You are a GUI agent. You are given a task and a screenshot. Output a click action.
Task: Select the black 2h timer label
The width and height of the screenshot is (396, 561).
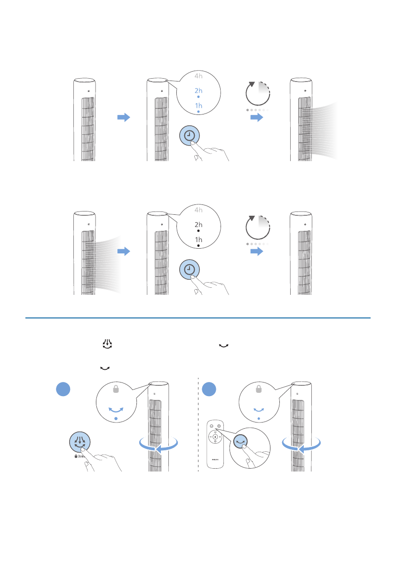(198, 225)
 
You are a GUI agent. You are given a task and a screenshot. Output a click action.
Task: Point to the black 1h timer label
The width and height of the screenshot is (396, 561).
(198, 240)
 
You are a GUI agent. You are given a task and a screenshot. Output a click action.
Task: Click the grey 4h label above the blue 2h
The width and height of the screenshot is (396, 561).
(198, 75)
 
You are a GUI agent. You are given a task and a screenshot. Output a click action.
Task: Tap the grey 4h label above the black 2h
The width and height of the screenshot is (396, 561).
(198, 210)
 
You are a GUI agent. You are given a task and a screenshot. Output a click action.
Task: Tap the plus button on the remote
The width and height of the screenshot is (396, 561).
(220, 437)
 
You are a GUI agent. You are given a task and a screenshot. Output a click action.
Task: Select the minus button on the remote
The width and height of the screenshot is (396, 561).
(210, 437)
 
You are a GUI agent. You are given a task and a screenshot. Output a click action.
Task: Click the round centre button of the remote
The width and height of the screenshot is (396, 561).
(215, 437)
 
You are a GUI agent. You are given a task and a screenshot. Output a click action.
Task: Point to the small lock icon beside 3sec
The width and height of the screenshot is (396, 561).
(76, 456)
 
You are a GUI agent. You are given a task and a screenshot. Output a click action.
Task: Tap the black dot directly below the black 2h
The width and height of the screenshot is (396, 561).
(198, 231)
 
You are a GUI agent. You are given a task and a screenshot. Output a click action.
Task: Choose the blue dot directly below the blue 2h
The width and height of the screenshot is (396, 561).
(198, 97)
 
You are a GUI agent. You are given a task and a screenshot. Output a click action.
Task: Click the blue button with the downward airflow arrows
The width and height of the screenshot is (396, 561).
(80, 442)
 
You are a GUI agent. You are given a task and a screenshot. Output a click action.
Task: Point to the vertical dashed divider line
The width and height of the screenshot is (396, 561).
(198, 424)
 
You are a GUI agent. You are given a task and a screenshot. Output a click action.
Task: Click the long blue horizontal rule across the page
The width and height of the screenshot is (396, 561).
(198, 317)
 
